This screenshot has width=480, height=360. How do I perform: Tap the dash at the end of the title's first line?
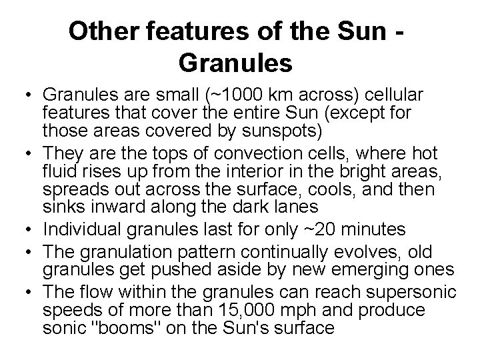tap(405, 31)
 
